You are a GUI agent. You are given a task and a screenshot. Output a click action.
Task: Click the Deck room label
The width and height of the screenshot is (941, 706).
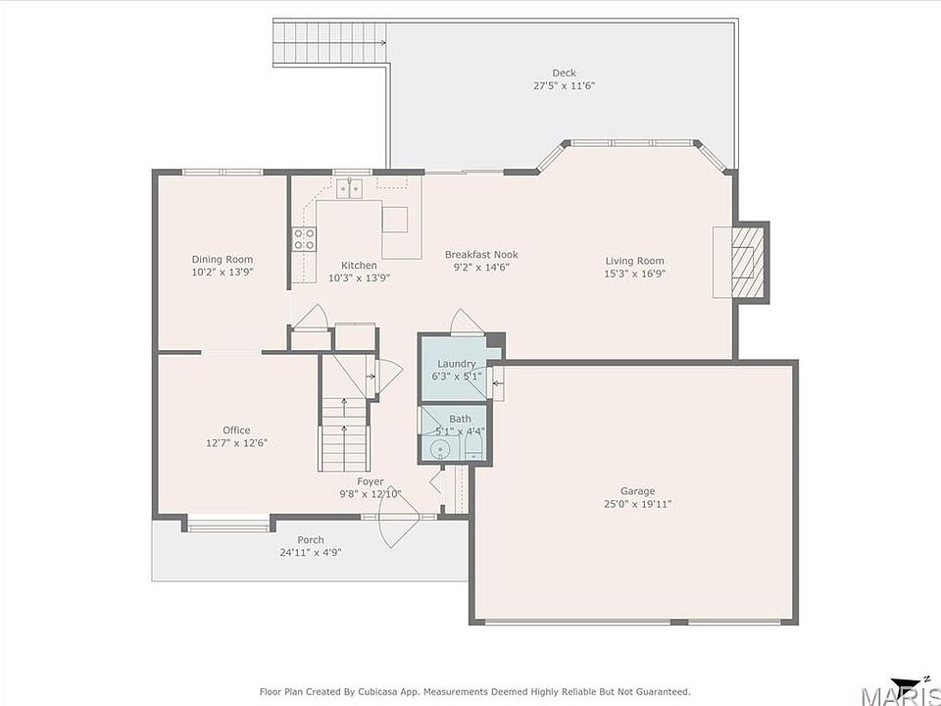click(x=564, y=73)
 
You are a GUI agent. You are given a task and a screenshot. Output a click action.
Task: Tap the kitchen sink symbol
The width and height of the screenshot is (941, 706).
click(x=349, y=188)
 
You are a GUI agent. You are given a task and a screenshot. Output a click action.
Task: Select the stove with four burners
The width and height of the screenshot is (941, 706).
click(x=304, y=239)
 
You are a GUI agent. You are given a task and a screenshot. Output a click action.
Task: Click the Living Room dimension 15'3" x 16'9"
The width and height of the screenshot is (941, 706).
click(x=634, y=274)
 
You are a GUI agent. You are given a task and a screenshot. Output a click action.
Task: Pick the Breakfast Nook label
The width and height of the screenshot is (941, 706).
click(x=481, y=255)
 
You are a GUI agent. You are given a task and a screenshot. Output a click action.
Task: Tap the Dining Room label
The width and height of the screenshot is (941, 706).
click(x=223, y=259)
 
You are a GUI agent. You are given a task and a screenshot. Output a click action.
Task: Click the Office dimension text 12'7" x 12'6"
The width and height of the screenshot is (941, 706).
click(x=236, y=443)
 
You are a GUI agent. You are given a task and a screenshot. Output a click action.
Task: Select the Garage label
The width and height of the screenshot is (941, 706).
click(x=637, y=491)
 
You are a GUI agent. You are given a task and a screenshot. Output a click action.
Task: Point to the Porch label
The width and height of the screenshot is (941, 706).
click(x=311, y=539)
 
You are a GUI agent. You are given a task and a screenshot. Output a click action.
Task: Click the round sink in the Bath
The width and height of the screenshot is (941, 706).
click(x=440, y=448)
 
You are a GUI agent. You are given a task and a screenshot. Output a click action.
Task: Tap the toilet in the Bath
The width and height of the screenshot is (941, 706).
click(x=473, y=447)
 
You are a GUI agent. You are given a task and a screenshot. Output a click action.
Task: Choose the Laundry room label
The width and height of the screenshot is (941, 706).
click(x=456, y=364)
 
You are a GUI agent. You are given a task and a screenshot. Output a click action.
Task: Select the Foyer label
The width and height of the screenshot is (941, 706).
click(x=371, y=481)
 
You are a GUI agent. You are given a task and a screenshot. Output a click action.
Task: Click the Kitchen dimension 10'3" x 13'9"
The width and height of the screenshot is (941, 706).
click(x=359, y=277)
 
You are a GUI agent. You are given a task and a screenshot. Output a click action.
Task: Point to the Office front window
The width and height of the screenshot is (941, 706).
click(x=228, y=529)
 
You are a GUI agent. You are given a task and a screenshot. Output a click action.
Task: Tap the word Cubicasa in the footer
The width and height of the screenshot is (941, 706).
click(x=380, y=692)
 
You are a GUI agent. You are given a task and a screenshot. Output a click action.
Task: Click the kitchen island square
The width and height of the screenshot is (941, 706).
click(x=395, y=219)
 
